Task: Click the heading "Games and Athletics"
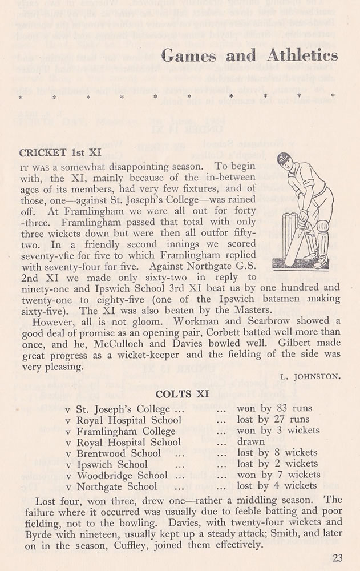pyautogui.click(x=250, y=55)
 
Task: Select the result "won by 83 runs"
pyautogui.click(x=276, y=409)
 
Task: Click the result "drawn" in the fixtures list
pyautogui.click(x=250, y=441)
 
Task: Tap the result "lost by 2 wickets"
pyautogui.click(x=277, y=464)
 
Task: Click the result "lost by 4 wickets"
pyautogui.click(x=277, y=486)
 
